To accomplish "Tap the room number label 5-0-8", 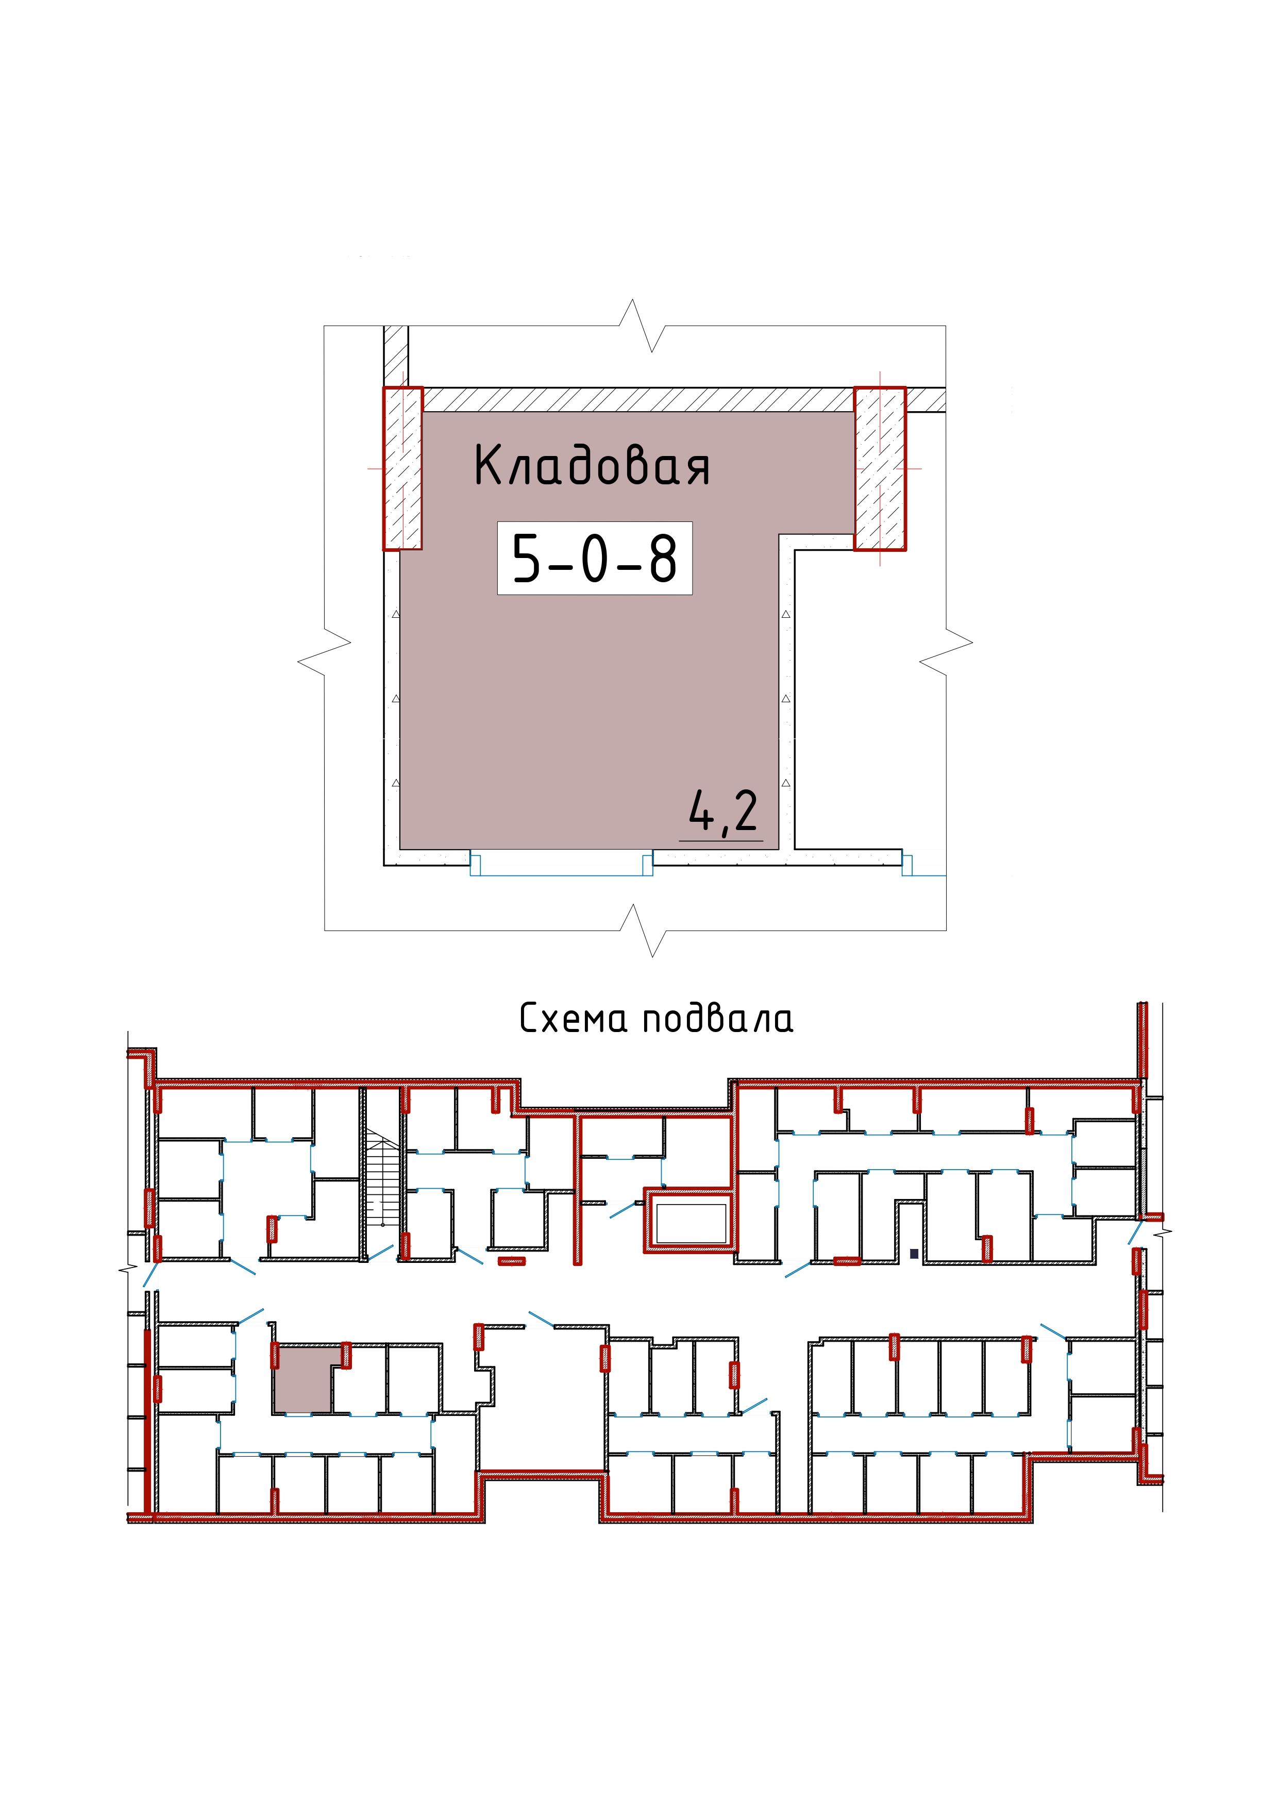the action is [595, 557].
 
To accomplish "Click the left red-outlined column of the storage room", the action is [402, 468].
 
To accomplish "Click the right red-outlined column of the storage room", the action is [880, 468].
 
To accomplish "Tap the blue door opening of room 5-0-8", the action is [561, 863].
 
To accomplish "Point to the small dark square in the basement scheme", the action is [914, 1253].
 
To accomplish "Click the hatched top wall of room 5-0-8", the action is [638, 399].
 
